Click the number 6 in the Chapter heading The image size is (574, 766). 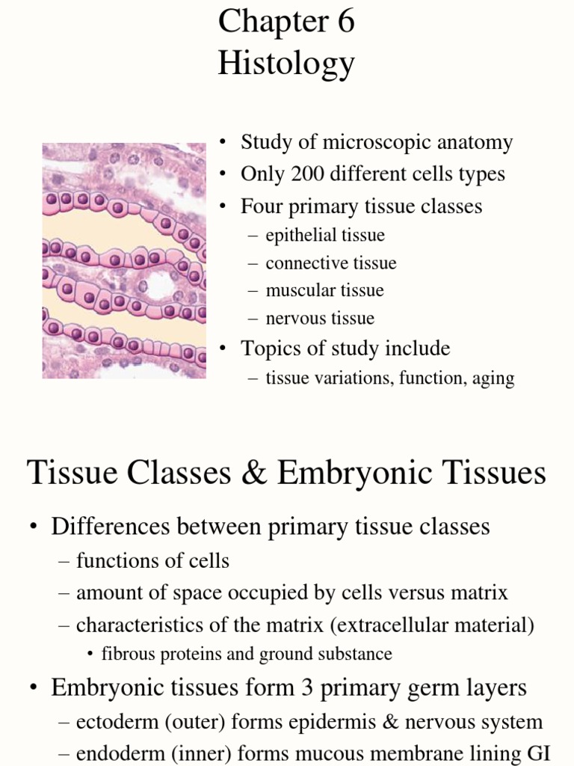[345, 22]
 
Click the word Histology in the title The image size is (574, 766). [286, 64]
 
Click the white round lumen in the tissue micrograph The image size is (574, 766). [157, 284]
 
